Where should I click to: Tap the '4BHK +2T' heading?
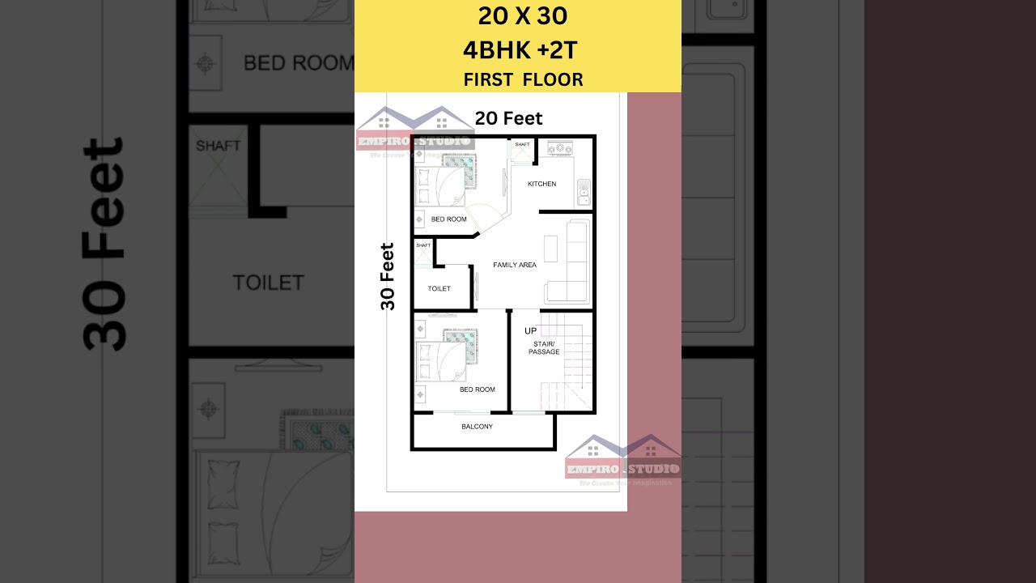pos(520,50)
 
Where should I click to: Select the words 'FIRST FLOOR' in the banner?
pos(523,79)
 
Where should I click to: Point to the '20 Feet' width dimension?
pos(508,118)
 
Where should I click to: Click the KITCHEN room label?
pos(541,184)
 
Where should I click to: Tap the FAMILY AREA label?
pos(515,265)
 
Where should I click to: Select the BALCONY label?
pos(477,427)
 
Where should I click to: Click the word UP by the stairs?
pos(530,330)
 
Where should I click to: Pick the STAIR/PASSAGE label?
pos(544,348)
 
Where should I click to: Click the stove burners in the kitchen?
pos(560,148)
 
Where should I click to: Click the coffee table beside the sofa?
pos(550,248)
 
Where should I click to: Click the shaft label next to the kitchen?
pos(521,145)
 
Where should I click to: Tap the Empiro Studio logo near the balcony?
pos(622,462)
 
